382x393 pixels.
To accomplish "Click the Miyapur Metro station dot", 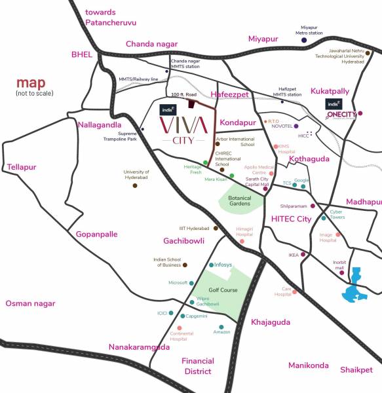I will (x=304, y=40).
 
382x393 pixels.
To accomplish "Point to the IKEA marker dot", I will (x=303, y=254).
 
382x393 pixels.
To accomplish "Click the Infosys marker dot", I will (x=210, y=265).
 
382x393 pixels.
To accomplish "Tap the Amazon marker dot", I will (x=221, y=326).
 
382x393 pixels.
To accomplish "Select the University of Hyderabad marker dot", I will (x=135, y=185).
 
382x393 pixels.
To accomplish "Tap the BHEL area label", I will (x=82, y=55).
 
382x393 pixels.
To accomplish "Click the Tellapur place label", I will (x=20, y=168).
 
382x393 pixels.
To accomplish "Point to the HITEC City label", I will (x=291, y=219).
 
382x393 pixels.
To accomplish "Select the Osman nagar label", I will (x=30, y=303).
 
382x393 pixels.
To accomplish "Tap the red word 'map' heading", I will (x=31, y=83).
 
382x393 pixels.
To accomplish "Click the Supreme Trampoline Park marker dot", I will (x=142, y=129).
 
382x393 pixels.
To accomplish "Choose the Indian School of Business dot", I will (x=185, y=265).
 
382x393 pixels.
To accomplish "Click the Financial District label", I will (x=197, y=366).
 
